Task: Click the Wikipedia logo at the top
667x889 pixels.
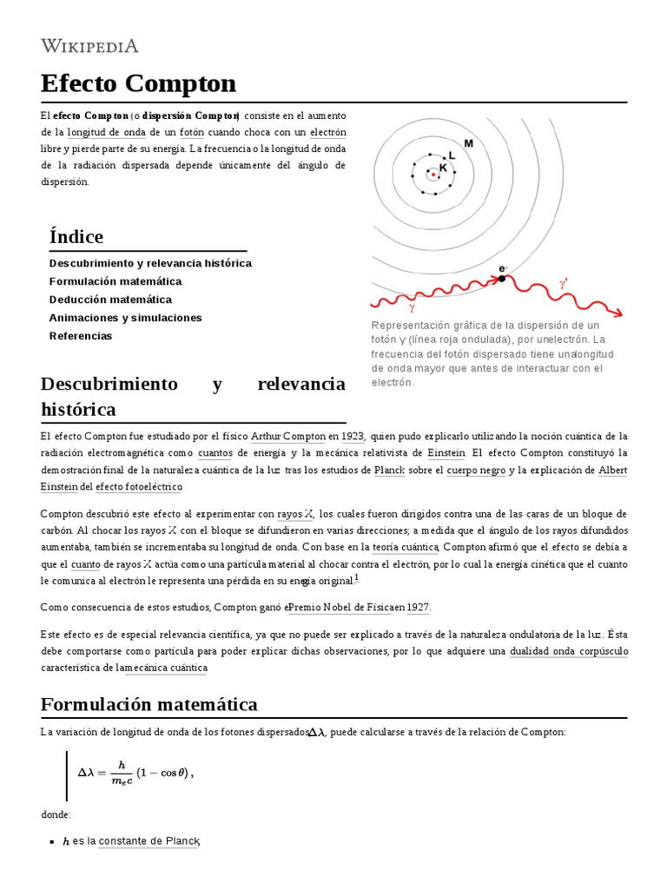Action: point(89,46)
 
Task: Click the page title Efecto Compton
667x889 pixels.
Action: point(138,83)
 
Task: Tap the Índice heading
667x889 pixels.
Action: point(76,236)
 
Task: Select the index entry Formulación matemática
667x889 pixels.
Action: point(116,281)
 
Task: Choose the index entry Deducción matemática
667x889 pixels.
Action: point(110,300)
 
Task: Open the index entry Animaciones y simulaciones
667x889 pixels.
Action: point(125,318)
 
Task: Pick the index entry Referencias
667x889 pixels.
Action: point(81,336)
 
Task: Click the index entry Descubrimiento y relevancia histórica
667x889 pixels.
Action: point(150,263)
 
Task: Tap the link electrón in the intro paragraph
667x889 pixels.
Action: point(328,133)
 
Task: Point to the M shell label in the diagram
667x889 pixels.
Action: point(469,143)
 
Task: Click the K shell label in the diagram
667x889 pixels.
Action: point(443,168)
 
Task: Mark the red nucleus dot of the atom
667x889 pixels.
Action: point(432,175)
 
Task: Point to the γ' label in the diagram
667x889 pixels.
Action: point(564,283)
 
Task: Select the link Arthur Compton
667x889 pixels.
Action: point(287,436)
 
